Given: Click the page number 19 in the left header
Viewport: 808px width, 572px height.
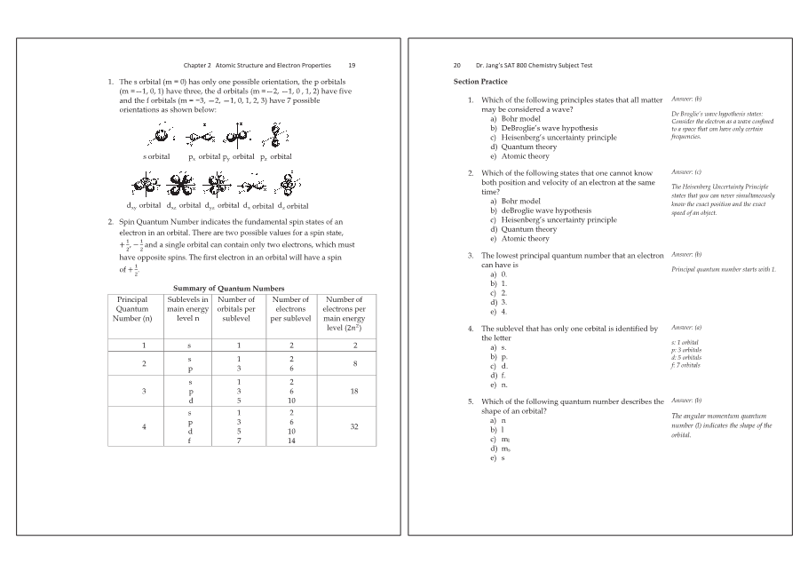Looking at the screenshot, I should coord(352,65).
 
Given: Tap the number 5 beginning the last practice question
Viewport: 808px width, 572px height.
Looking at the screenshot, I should coord(471,401).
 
